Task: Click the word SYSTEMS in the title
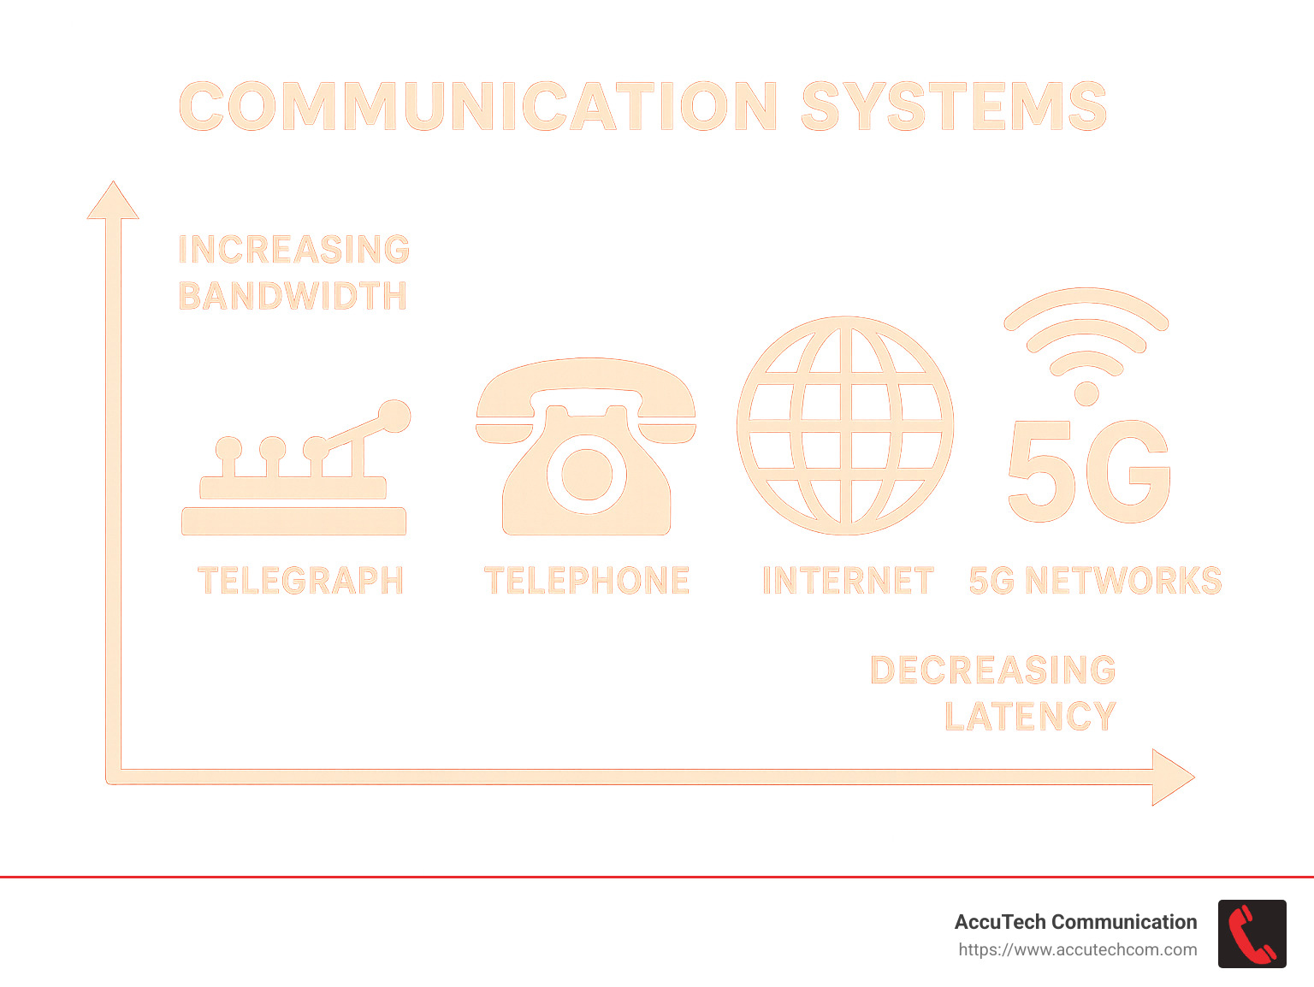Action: tap(954, 106)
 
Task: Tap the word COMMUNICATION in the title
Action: tap(478, 106)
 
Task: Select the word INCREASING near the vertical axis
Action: tap(294, 250)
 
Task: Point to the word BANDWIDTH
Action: tap(293, 296)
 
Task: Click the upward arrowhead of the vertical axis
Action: tap(113, 202)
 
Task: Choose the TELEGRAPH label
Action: tap(300, 581)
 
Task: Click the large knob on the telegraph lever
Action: tap(394, 417)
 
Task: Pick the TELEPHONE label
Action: tap(587, 581)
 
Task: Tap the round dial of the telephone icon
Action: tap(586, 474)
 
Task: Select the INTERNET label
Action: tap(848, 581)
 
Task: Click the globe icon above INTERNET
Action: tap(845, 425)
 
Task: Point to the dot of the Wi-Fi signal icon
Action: tap(1086, 393)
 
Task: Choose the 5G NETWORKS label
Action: tap(1095, 581)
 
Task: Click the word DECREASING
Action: tap(993, 671)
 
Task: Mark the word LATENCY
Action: tap(1031, 717)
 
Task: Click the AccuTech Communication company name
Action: tap(1075, 922)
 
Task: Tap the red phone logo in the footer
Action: tap(1252, 934)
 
